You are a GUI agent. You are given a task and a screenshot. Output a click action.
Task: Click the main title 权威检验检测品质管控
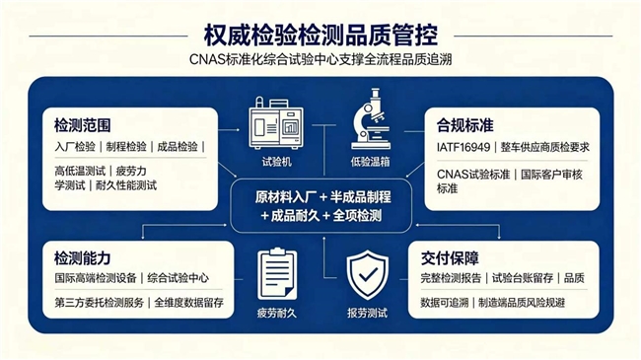[x=320, y=35]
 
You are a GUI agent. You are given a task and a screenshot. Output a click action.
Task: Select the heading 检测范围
[x=83, y=125]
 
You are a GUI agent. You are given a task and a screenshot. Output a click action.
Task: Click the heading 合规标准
[x=464, y=125]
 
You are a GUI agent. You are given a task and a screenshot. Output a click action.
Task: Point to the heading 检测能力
[x=83, y=258]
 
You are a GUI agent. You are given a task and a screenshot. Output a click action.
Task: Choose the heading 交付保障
[x=450, y=258]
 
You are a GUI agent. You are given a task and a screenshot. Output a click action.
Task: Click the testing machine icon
[x=276, y=122]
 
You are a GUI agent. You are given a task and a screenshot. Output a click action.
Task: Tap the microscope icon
[x=371, y=119]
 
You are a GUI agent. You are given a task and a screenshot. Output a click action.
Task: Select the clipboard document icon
[x=277, y=273]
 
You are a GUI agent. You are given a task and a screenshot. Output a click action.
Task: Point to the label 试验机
[x=277, y=162]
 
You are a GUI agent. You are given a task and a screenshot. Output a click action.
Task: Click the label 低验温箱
[x=371, y=162]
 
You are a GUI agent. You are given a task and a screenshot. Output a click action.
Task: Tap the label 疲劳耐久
[x=277, y=314]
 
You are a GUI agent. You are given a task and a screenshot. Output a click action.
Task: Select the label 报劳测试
[x=367, y=314]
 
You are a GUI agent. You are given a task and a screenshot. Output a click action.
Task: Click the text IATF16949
[x=463, y=147]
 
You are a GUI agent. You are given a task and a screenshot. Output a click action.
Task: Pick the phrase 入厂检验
[x=75, y=147]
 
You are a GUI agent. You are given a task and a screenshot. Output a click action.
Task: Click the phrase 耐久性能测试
[x=126, y=185]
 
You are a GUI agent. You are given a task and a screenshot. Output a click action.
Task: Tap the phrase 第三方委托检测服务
[x=100, y=303]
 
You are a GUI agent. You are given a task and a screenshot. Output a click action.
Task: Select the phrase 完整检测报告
[x=451, y=278]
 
